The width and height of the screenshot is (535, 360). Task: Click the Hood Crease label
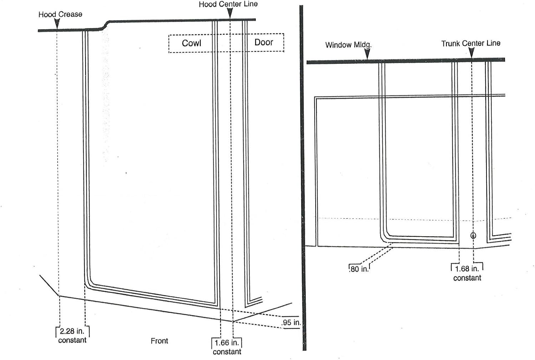click(60, 14)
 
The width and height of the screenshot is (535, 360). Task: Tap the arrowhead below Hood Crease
click(57, 23)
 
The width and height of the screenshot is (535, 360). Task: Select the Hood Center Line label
click(228, 4)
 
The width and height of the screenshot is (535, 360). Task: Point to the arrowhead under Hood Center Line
click(230, 13)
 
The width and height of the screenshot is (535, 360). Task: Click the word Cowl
click(192, 43)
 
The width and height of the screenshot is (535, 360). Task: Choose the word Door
click(264, 42)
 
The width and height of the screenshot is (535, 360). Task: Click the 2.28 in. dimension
click(72, 331)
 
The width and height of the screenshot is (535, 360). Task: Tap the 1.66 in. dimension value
click(226, 343)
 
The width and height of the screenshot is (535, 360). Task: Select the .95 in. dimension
click(291, 323)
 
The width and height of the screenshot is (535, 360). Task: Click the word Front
click(159, 341)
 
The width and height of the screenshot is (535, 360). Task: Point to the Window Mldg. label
click(348, 45)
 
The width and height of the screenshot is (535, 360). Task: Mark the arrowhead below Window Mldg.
click(368, 54)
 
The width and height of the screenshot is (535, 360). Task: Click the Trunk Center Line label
click(471, 44)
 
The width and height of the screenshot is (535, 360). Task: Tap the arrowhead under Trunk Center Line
click(472, 52)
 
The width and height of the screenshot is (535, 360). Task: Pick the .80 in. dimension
click(359, 269)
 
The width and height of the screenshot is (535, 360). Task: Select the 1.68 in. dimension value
click(467, 269)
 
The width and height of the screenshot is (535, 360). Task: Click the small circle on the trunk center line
click(473, 235)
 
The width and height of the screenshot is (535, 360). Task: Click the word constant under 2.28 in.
click(72, 340)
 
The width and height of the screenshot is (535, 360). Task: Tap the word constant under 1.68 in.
click(467, 278)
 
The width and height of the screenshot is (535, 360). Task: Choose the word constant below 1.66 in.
click(227, 352)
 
